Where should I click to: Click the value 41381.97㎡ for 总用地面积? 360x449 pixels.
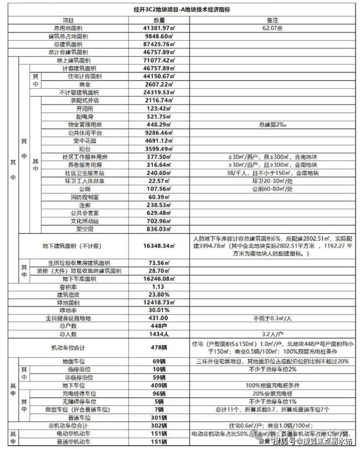coord(160,29)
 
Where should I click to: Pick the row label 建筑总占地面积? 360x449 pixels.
coord(68,37)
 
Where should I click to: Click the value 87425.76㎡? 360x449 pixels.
coord(160,44)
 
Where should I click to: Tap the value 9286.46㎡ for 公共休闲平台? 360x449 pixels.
coord(160,132)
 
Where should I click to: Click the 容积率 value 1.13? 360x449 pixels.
coord(160,287)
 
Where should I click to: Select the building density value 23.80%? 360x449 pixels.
coord(160,295)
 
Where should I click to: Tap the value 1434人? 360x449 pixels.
coord(160,335)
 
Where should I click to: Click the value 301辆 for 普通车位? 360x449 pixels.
coord(160,417)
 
